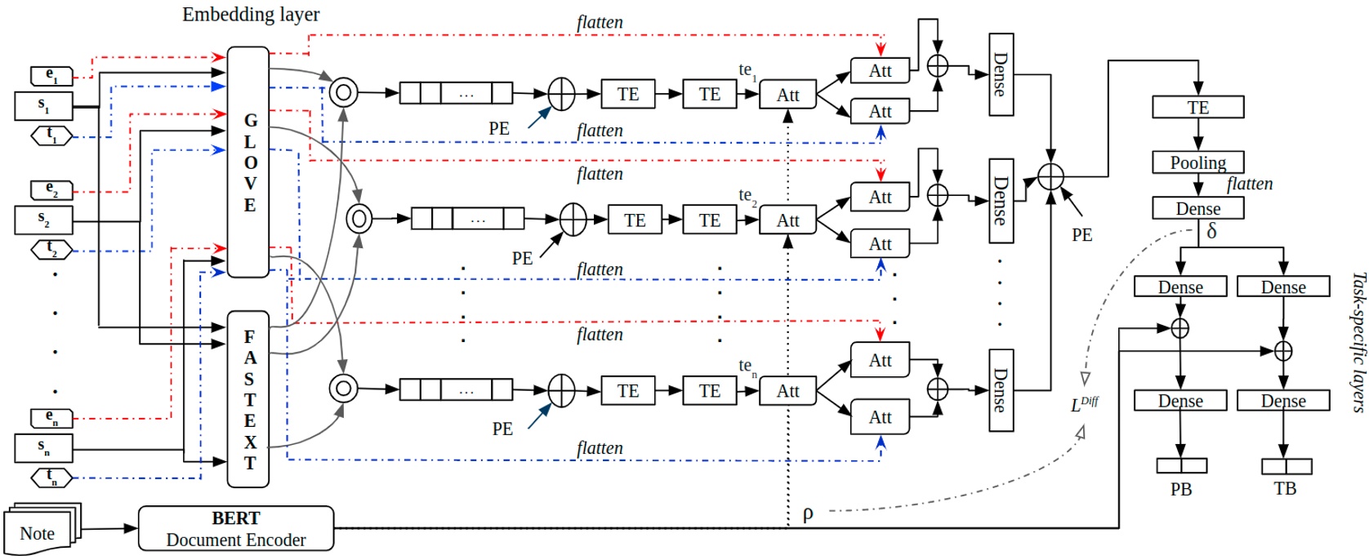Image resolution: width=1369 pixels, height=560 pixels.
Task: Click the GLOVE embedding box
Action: click(248, 162)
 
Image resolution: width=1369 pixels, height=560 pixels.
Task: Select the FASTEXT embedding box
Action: click(248, 398)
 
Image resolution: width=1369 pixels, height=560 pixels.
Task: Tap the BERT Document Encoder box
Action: click(236, 528)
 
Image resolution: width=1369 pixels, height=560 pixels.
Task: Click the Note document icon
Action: click(39, 532)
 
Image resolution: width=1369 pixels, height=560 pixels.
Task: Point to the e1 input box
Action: click(51, 77)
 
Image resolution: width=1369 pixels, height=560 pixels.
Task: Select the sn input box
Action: click(44, 447)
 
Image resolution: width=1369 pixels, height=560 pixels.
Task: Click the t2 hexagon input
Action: click(51, 249)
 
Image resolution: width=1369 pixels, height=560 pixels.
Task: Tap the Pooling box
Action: click(1197, 162)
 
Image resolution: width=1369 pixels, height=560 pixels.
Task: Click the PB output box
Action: click(1181, 466)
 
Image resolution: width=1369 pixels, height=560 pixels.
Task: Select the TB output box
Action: click(1286, 466)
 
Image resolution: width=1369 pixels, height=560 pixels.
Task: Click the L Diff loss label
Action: click(1084, 404)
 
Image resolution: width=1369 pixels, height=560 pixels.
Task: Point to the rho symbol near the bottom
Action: click(808, 513)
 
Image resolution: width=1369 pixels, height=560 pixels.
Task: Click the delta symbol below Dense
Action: click(1211, 232)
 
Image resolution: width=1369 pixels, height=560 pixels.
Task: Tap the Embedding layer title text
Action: click(251, 15)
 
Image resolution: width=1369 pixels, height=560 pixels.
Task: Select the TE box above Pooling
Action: click(1197, 107)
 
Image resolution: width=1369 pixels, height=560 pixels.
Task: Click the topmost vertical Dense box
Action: click(1001, 74)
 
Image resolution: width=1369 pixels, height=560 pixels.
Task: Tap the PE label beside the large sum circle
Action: click(1081, 235)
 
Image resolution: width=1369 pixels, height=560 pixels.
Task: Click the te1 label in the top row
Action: click(747, 71)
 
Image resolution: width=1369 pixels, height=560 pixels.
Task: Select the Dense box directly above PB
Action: click(1180, 401)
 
